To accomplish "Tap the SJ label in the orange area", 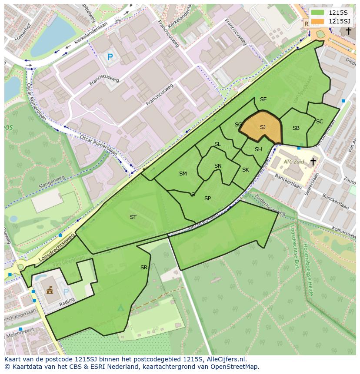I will (263, 127).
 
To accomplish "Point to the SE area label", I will (263, 99).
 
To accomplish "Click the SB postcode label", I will (296, 128).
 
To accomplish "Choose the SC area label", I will (320, 122).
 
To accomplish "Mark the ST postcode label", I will (133, 217).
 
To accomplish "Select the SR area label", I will (144, 268).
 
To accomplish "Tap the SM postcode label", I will (183, 174).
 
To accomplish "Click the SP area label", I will (207, 199).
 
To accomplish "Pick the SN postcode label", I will (218, 166).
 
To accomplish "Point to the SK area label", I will (246, 170).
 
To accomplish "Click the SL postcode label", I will (217, 144).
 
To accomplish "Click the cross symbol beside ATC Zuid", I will (313, 162).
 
